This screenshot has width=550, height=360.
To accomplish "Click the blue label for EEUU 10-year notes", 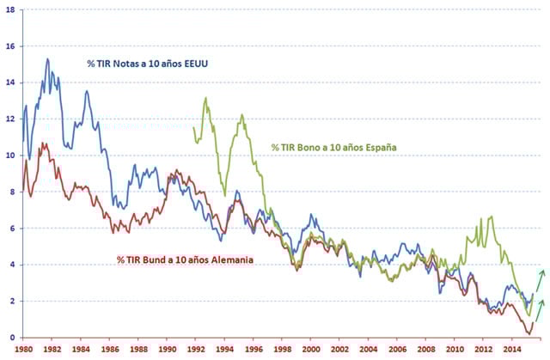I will click(150, 64).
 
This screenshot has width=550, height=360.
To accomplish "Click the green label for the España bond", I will click(333, 148).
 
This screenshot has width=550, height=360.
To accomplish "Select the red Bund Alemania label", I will click(186, 259).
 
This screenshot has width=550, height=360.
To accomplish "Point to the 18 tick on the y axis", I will click(9, 9).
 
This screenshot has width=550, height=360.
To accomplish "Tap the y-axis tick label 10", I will click(9, 156).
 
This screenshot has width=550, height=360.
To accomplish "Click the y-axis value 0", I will click(12, 338).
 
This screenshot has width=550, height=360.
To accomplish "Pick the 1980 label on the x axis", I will click(22, 349).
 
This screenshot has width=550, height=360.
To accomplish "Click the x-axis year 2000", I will click(310, 349).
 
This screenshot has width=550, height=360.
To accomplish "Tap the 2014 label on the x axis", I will click(512, 349).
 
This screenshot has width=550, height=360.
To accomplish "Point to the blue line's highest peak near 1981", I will click(47, 59).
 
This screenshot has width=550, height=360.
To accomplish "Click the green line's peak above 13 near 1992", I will click(205, 98).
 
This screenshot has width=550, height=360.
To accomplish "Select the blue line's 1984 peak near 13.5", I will click(87, 91).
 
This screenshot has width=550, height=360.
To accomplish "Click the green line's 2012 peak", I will click(491, 217).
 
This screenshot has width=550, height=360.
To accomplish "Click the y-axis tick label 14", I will click(9, 82).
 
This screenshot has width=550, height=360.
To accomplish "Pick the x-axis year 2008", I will click(425, 349).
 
